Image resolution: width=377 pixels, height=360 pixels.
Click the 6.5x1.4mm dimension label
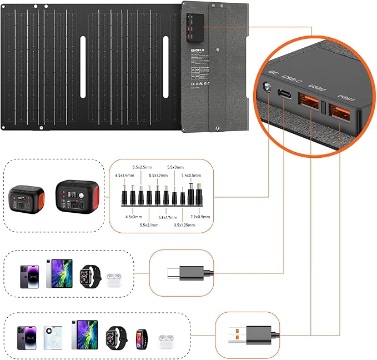pos(125,175)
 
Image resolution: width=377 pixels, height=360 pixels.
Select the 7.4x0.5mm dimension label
pos(192,175)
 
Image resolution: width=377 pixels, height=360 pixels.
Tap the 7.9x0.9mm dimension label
pos(199,217)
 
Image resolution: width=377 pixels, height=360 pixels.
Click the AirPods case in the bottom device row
pos(163,337)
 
